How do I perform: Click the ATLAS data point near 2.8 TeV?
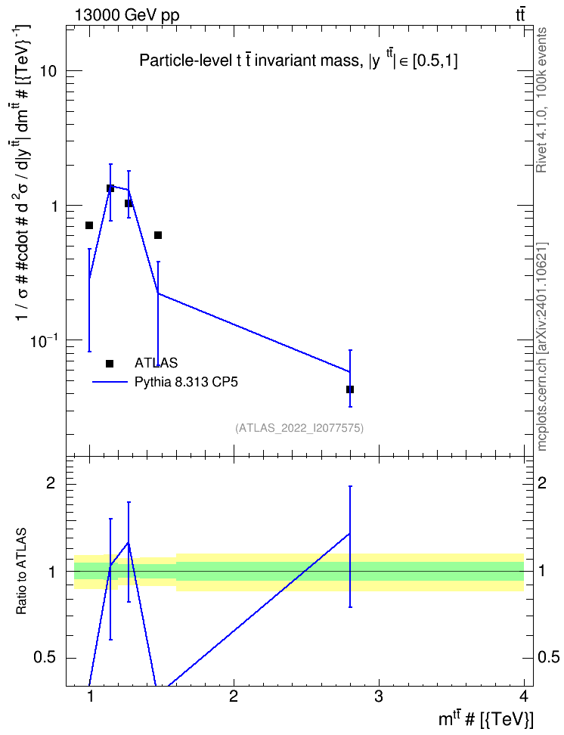pos(350,389)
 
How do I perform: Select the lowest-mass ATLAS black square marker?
pos(89,225)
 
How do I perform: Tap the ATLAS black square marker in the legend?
pos(110,363)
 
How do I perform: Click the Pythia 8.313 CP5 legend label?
pos(186,382)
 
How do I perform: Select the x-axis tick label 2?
pos(234,696)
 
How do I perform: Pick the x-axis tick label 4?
pos(524,696)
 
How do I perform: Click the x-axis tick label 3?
pos(379,696)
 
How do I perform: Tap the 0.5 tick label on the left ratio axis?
pos(45,657)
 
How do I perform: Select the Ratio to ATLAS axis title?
pos(21,571)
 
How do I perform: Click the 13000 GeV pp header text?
pos(126,15)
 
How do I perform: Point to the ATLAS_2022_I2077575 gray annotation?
pos(299,427)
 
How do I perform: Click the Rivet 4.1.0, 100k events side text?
pos(541,100)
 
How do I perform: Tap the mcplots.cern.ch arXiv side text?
pos(541,346)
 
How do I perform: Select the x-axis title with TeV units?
pos(486,718)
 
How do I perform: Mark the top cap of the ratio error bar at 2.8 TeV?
pos(350,486)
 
